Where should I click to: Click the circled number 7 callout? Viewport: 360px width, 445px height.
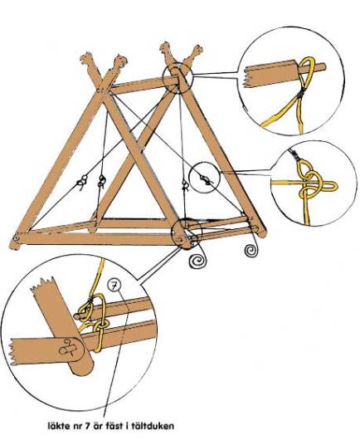pos(114,286)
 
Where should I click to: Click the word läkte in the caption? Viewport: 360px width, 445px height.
pos(59,426)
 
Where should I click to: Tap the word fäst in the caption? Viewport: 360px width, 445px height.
pos(116,426)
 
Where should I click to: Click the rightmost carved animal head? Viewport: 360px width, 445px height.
pos(197,51)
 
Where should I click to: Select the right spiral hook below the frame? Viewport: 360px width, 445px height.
pos(251,250)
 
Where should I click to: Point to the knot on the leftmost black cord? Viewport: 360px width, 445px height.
pos(82,181)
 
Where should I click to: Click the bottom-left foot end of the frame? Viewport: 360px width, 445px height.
pos(15,243)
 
